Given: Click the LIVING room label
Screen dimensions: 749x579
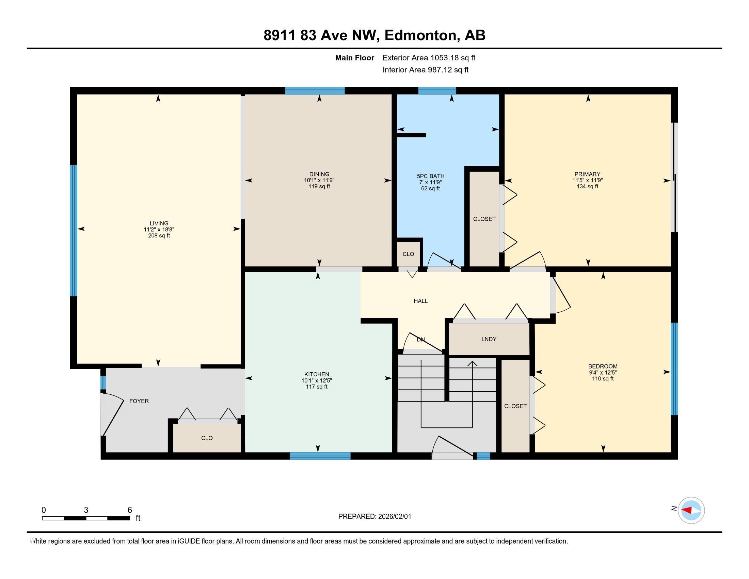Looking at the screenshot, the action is tap(159, 223).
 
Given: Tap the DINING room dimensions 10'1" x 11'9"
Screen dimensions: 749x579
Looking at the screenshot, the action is tap(319, 181).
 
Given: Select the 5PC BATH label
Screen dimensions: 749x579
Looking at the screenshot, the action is tap(430, 176).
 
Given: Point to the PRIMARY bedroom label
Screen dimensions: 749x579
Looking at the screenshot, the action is tap(588, 174).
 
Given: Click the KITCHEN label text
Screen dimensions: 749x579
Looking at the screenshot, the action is tap(317, 375).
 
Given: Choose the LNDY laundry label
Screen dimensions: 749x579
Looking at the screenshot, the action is tap(489, 339).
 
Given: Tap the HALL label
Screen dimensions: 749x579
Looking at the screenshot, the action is tap(420, 301).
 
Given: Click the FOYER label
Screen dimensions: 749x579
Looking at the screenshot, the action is tap(139, 401).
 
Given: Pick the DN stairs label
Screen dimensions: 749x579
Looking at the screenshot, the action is tap(421, 340).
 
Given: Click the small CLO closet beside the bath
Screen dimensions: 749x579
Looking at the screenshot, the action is tap(408, 254).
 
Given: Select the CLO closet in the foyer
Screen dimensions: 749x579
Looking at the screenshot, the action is tap(207, 438).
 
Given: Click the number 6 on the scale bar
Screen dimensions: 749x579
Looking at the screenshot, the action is tap(130, 510).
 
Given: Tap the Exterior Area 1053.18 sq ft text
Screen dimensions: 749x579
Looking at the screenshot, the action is tap(429, 58).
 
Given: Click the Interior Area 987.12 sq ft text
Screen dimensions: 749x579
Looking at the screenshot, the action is tap(426, 70).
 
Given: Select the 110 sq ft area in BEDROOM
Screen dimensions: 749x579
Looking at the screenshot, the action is tap(603, 379).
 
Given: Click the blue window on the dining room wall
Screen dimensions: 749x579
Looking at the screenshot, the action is tap(315, 91).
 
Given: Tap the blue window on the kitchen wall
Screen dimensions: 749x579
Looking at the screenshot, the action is tap(320, 456).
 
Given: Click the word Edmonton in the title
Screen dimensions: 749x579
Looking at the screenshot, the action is tap(422, 35).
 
